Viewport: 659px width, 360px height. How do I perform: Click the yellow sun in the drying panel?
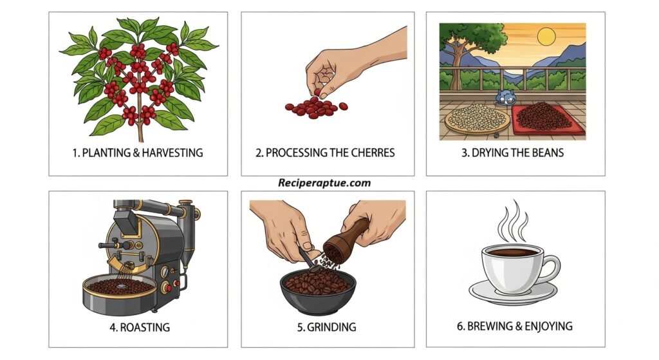click(546, 37)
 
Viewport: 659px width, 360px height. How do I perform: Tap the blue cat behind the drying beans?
click(505, 98)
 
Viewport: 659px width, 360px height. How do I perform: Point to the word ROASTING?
click(145, 327)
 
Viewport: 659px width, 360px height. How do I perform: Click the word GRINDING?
click(331, 327)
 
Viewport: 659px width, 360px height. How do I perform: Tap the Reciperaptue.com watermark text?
click(324, 183)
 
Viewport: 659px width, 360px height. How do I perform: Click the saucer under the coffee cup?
click(513, 292)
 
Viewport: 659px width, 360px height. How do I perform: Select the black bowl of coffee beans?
click(318, 291)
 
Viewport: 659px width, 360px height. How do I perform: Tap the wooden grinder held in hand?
click(346, 241)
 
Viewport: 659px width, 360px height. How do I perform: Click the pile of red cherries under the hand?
click(316, 108)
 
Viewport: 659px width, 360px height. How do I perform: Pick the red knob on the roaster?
click(169, 288)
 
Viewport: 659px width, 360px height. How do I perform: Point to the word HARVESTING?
click(172, 153)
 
